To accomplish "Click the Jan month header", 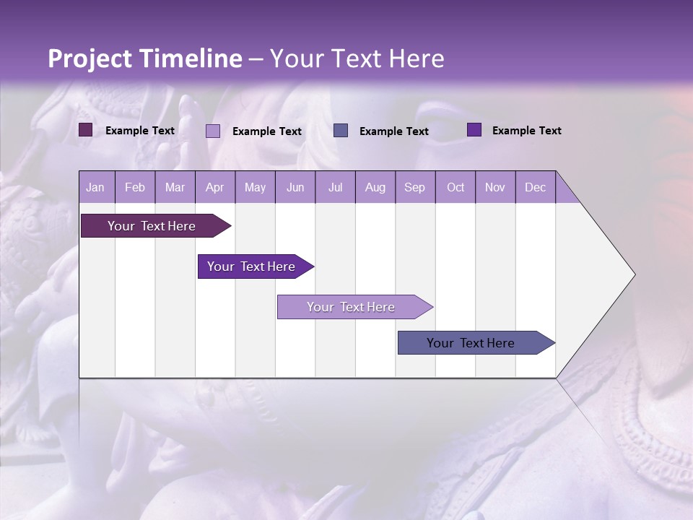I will (95, 187).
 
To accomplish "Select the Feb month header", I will (135, 187).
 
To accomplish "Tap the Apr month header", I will (214, 187).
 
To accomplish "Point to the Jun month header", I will (295, 187).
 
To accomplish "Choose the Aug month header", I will (375, 187).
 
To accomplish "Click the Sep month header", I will (414, 187).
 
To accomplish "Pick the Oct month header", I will (456, 187).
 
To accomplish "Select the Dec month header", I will (535, 187).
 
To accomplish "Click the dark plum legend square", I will (86, 130).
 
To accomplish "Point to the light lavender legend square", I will (213, 131).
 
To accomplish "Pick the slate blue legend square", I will (341, 130).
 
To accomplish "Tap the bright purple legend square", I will (474, 130).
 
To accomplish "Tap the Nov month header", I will (494, 187).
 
